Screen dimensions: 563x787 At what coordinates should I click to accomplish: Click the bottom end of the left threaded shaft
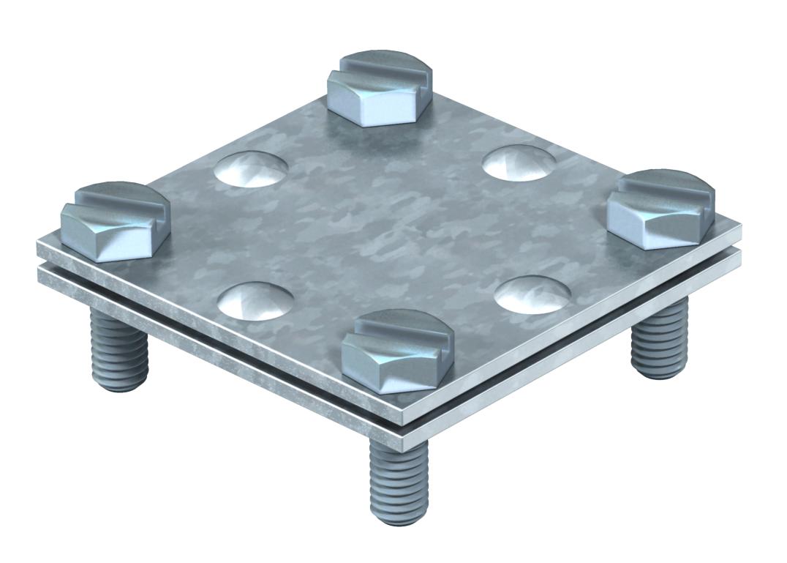[x=117, y=384]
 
